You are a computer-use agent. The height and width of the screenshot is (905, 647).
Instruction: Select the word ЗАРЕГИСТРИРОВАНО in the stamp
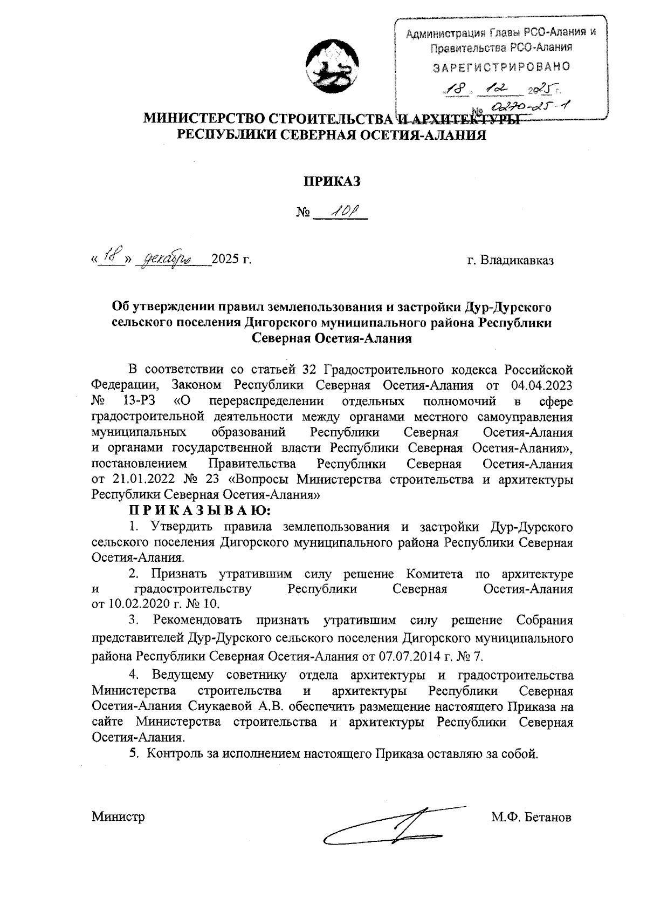click(501, 67)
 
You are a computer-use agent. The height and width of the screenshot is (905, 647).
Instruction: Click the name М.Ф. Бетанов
click(531, 817)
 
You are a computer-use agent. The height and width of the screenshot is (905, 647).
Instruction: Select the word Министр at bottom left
click(118, 817)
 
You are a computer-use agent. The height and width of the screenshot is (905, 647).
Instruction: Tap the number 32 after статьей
click(311, 370)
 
